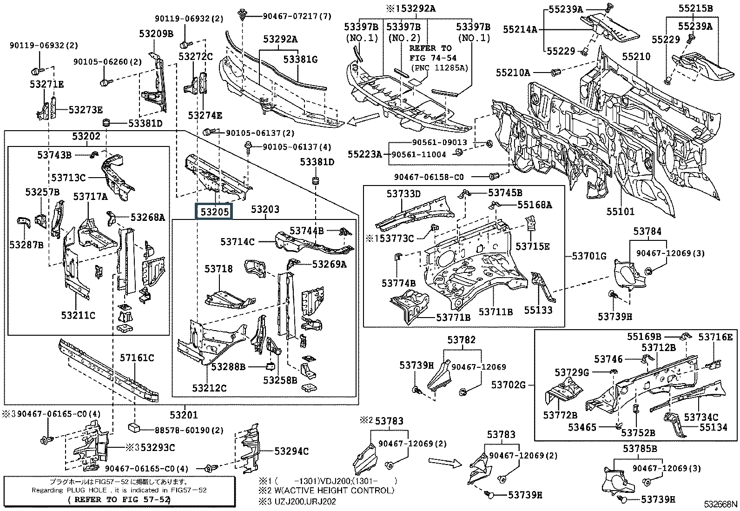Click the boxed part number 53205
click(214, 212)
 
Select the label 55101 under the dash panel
click(620, 212)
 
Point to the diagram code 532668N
click(720, 504)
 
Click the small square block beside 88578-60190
click(134, 428)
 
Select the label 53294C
click(291, 451)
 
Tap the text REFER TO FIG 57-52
click(119, 500)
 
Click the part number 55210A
click(513, 73)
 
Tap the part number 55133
click(538, 310)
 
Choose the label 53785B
click(640, 449)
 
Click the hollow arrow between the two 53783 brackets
click(444, 462)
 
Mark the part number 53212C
click(209, 387)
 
